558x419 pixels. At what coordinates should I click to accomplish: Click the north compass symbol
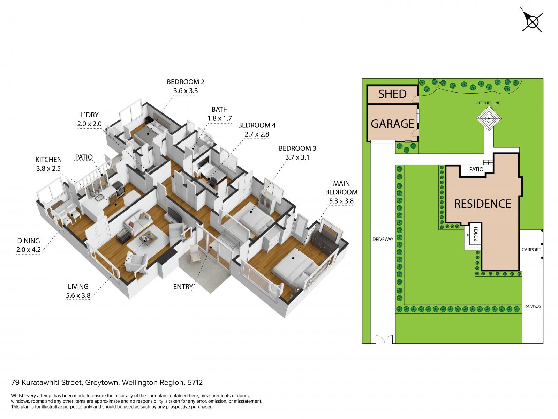coord(532,22)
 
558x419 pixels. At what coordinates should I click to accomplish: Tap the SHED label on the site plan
coord(392,94)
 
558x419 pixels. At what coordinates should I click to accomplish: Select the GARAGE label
coord(392,124)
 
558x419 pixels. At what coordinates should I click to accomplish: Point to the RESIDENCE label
coord(482,204)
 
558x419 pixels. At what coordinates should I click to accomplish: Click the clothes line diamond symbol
coord(488,119)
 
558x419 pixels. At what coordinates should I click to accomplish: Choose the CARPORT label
coord(531,250)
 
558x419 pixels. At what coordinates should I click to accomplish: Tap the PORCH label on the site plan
coord(476,234)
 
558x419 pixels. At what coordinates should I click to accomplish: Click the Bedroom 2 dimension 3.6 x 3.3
coord(185,91)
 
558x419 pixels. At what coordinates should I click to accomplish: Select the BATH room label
coord(219,109)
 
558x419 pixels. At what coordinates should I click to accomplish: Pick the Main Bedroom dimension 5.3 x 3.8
coord(341,201)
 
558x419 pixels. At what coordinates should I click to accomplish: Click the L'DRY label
coord(89,115)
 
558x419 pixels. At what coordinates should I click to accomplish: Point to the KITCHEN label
coord(48,160)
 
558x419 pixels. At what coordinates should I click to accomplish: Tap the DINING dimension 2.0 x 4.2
coord(29,250)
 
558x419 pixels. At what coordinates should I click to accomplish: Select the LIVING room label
coord(78,286)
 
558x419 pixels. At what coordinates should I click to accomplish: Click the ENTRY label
coord(182,287)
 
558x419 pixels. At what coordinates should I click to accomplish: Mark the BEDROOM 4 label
coord(256,125)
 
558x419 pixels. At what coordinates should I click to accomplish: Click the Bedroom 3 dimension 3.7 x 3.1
coord(297,157)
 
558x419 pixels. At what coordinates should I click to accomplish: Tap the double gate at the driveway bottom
coord(384,339)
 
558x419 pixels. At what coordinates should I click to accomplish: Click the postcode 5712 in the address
coord(195,382)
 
